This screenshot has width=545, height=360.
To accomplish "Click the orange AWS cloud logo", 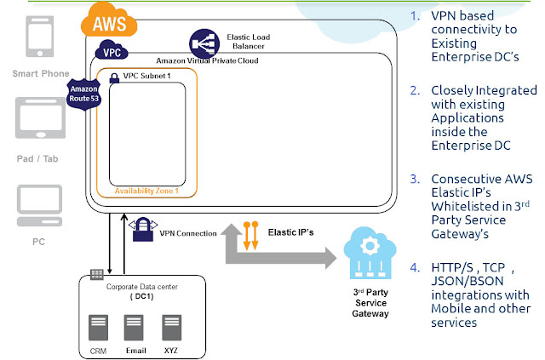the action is point(109,20).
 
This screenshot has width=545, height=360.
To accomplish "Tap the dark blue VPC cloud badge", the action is point(112,50).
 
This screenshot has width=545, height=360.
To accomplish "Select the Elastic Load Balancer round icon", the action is point(204,43).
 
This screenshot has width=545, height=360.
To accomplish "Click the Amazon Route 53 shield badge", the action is point(83,94).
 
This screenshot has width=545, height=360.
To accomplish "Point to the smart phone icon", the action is point(40,36).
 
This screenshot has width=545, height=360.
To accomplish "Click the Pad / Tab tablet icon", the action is point(40,118).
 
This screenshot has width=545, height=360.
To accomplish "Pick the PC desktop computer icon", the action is point(40,205).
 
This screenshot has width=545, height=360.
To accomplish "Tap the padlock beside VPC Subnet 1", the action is point(114,78).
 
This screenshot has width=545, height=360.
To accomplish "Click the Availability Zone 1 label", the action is point(146,191).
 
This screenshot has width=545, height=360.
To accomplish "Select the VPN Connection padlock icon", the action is point(143,229).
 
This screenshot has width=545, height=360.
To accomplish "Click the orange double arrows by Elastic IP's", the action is point(250,236).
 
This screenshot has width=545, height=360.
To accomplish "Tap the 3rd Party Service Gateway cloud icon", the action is point(370,253).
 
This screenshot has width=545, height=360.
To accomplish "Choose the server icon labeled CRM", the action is point(99,328).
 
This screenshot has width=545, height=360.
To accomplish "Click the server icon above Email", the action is point(134,328).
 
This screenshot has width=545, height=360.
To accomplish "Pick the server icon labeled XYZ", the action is point(172,328).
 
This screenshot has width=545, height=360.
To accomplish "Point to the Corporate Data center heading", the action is point(142,287).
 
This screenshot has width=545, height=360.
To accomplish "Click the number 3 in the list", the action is point(415,179).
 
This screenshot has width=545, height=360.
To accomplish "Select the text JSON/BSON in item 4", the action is point(468,281).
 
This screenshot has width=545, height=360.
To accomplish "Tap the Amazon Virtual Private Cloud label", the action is point(207,60).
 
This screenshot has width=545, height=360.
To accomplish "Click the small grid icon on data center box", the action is point(97,275).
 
